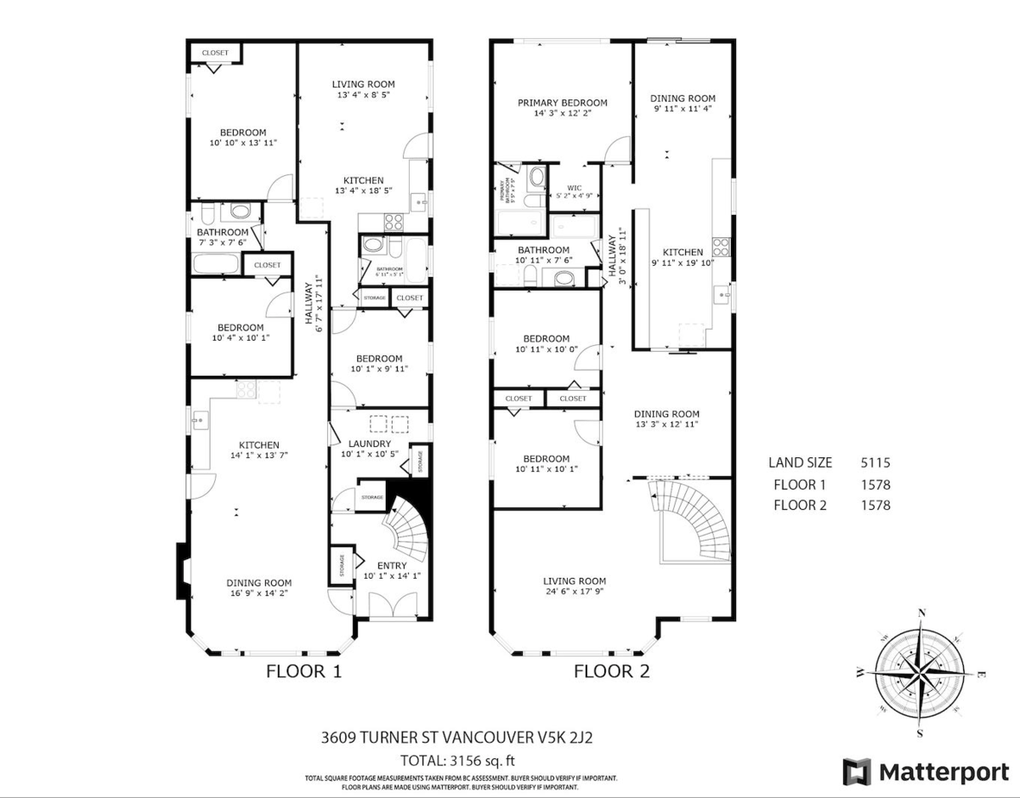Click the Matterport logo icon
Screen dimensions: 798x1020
(x=857, y=772)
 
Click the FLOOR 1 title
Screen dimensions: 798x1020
(x=304, y=671)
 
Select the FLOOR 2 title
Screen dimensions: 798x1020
(x=611, y=671)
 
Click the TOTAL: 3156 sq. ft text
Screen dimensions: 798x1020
(x=458, y=760)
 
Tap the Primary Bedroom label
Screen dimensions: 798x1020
(x=563, y=108)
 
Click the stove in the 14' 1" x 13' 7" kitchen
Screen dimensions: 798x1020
(x=246, y=389)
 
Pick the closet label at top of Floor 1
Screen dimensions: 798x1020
(x=215, y=53)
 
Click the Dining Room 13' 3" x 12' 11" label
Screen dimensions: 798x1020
(x=666, y=419)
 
